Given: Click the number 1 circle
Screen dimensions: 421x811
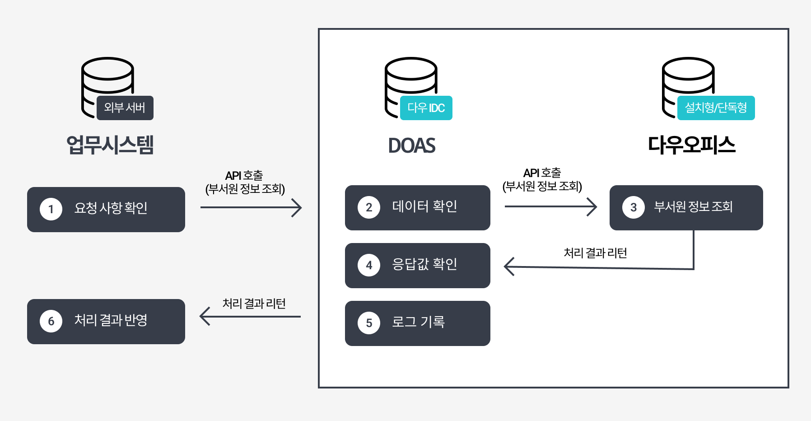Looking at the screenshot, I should (51, 209).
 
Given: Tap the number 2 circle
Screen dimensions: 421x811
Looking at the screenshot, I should (369, 207).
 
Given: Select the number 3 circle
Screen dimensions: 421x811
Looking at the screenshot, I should (634, 207).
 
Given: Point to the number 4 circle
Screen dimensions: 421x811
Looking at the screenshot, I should (369, 265).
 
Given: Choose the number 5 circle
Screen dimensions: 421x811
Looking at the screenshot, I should (369, 323).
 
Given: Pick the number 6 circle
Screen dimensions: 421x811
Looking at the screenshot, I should (51, 321).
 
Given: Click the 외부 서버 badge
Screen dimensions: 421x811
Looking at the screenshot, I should (125, 108).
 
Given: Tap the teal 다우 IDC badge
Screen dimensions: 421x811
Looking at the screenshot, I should (426, 108).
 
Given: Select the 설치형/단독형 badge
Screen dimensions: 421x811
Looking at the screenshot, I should (716, 108).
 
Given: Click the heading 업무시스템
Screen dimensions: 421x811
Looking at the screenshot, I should (110, 145).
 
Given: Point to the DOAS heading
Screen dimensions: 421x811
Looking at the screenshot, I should (412, 145).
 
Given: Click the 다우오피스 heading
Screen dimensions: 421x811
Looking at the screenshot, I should (691, 145).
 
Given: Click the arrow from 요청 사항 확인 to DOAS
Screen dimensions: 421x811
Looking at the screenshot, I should (251, 207).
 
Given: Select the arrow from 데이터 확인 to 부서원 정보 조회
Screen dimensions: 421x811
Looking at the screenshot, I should (550, 206).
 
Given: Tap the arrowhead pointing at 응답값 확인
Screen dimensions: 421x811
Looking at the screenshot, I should (509, 267).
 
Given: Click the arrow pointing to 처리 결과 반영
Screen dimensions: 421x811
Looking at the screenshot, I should (250, 316).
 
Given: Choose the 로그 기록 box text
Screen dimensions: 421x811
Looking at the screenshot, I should (418, 322).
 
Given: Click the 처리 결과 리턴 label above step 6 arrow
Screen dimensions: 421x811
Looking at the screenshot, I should (254, 304).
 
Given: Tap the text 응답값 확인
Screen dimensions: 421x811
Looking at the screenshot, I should (424, 264).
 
